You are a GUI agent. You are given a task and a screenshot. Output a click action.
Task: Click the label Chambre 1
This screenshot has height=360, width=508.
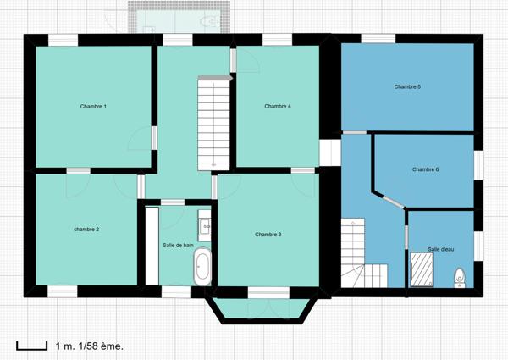(x=93, y=107)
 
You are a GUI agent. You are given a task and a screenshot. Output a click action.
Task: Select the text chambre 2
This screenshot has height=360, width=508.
(x=86, y=230)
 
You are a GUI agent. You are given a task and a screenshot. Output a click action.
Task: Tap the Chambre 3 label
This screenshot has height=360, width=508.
(x=268, y=235)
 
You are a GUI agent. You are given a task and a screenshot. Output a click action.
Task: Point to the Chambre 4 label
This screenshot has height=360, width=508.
(x=278, y=107)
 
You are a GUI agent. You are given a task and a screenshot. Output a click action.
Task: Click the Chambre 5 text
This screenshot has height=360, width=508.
(x=407, y=86)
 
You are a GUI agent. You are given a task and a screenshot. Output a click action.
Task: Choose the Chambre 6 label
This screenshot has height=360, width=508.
(x=425, y=169)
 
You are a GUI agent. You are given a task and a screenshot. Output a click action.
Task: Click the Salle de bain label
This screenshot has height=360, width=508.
(x=179, y=246)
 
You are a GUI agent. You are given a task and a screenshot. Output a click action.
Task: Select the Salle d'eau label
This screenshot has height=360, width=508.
(x=441, y=249)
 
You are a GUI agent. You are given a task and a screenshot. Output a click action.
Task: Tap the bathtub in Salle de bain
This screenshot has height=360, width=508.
(x=202, y=266)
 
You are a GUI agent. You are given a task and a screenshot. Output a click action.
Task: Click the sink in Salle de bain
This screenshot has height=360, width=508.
(x=204, y=226)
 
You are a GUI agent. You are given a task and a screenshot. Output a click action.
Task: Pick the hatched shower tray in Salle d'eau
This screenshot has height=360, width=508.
(x=422, y=270)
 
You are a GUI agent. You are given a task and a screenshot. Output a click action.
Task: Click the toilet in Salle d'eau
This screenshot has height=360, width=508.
(x=460, y=275)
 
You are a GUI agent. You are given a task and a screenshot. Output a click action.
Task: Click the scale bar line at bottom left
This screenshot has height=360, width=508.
(x=31, y=346)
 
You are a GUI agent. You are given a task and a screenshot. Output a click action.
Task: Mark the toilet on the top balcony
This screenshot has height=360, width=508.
(x=207, y=19)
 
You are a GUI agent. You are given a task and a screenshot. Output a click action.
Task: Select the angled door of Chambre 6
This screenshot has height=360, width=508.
(x=391, y=200)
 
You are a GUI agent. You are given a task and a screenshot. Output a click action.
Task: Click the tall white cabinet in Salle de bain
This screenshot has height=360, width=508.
(x=152, y=246)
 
